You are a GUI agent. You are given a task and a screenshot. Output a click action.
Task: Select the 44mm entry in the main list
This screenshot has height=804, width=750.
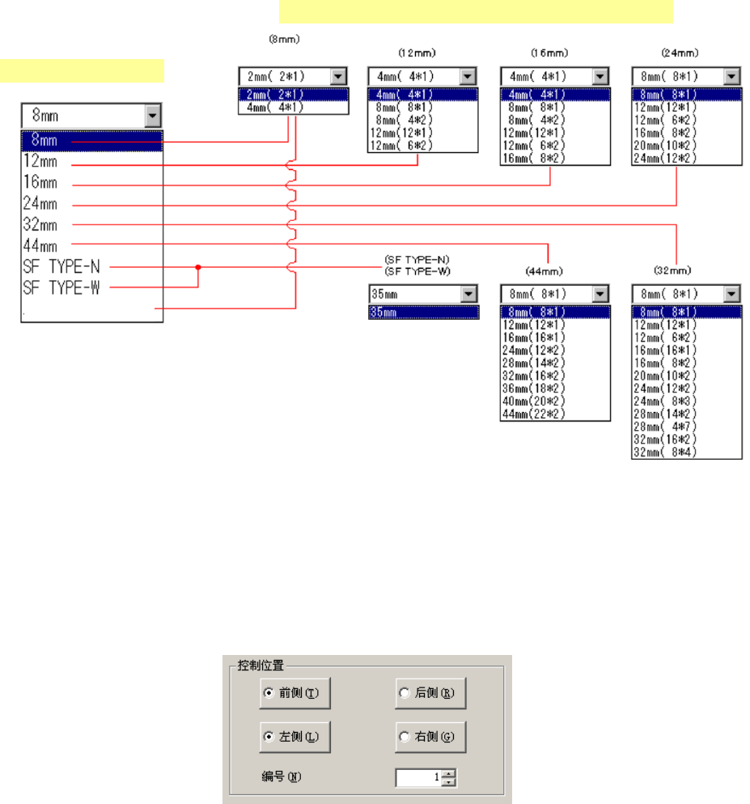(x=40, y=245)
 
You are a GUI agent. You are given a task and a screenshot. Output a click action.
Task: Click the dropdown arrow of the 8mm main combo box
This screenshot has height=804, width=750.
(x=153, y=116)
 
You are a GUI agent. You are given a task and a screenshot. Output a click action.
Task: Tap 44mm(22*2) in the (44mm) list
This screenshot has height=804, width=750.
(x=533, y=414)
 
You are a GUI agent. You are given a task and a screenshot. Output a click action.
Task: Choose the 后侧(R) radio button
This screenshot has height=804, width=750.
(x=405, y=693)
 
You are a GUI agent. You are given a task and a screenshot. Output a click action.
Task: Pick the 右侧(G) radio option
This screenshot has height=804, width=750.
(x=405, y=738)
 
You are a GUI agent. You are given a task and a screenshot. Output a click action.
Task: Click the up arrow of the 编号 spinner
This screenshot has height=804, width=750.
(x=451, y=773)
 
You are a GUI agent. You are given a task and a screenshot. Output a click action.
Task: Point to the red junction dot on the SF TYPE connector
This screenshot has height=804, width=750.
(x=198, y=266)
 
